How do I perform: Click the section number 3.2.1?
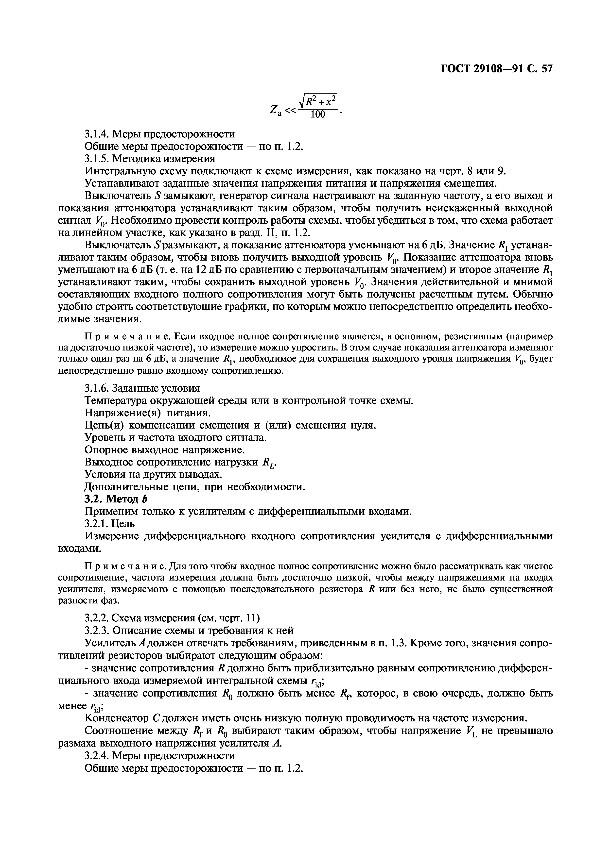coord(97,524)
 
